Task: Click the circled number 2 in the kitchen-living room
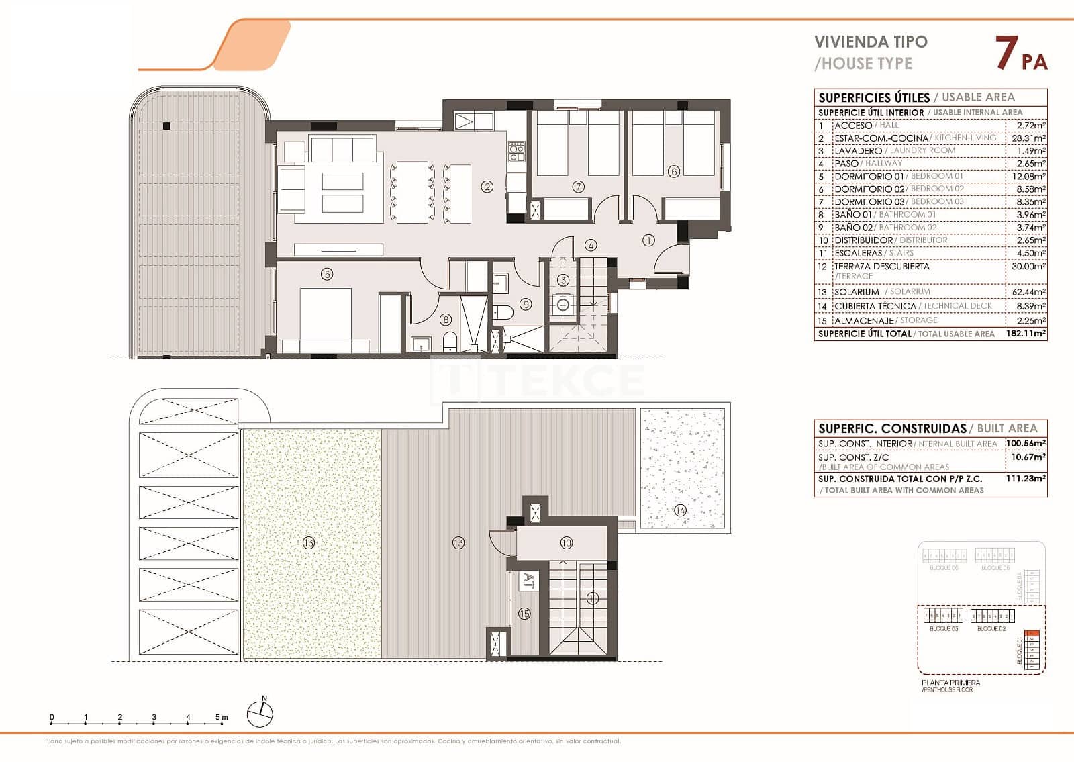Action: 487,187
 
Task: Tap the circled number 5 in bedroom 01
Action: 327,274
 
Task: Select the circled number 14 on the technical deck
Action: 681,511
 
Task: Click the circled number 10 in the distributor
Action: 566,542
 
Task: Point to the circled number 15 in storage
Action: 524,613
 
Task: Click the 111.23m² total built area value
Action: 1026,479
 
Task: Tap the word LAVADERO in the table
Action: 858,151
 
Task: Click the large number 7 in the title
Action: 1005,54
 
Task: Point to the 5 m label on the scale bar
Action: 222,717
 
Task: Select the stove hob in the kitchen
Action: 516,152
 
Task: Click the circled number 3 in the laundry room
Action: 564,280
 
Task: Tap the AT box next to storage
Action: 528,581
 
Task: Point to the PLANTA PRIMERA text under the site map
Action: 950,683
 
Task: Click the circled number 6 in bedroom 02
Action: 674,171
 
